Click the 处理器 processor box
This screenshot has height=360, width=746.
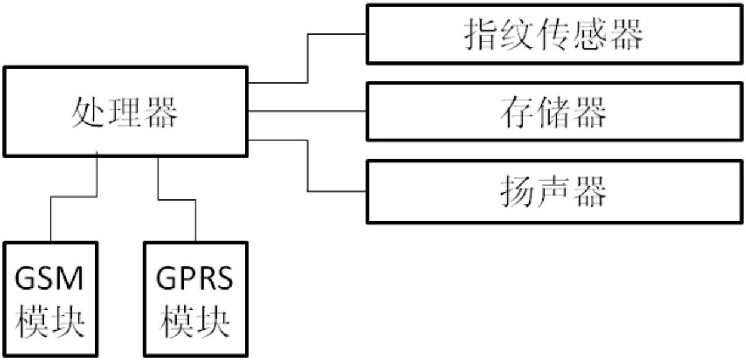pos(125,111)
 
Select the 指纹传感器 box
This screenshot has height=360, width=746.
pos(554,34)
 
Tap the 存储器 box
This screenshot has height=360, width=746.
pos(554,112)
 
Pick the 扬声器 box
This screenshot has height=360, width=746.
pos(554,192)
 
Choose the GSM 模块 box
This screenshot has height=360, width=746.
pos(50,299)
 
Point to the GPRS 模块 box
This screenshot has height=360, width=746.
pos(195,299)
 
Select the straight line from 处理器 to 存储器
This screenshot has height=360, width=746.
pos(307,111)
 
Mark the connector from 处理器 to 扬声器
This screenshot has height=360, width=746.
pos(307,166)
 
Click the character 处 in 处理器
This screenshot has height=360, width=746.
pos(87,112)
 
